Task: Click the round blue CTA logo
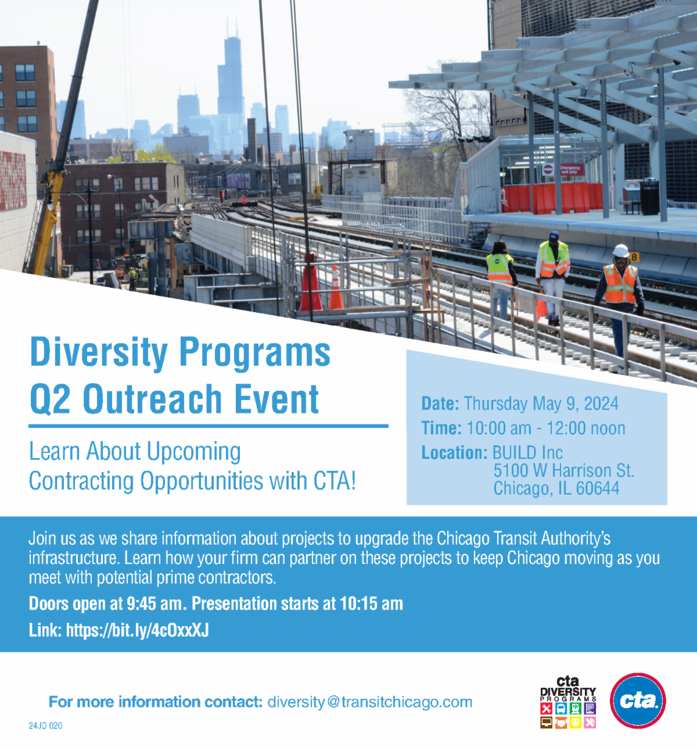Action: [x=638, y=701]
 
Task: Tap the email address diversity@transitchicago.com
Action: [x=370, y=702]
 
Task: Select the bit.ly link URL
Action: [x=137, y=630]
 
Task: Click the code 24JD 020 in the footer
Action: [x=46, y=726]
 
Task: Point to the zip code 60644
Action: [x=598, y=488]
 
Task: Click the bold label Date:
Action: [x=440, y=403]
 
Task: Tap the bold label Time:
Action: [x=441, y=428]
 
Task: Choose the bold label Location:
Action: [x=454, y=452]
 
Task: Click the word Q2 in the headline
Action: [x=50, y=399]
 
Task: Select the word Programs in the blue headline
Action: [x=255, y=352]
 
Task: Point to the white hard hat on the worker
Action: [x=620, y=251]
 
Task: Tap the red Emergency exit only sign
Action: [x=572, y=170]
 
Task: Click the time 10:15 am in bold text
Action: [x=371, y=603]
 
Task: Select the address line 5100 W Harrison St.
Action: [x=564, y=470]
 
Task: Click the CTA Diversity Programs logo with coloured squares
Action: [x=568, y=702]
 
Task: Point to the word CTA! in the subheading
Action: [x=335, y=481]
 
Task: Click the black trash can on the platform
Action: [x=649, y=198]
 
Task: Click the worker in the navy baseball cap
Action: [x=553, y=277]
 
